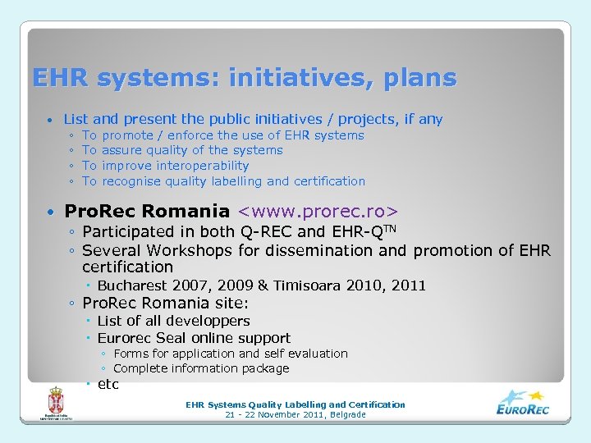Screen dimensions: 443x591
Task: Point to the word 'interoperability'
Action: pyautogui.click(x=203, y=166)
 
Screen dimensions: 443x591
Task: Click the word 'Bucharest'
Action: pyautogui.click(x=131, y=285)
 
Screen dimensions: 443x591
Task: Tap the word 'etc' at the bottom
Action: pyautogui.click(x=108, y=384)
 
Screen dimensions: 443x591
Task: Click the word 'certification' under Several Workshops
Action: pyautogui.click(x=128, y=267)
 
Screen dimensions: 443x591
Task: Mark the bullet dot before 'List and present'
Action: pyautogui.click(x=51, y=121)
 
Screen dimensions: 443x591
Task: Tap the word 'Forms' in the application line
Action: pyautogui.click(x=130, y=354)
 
